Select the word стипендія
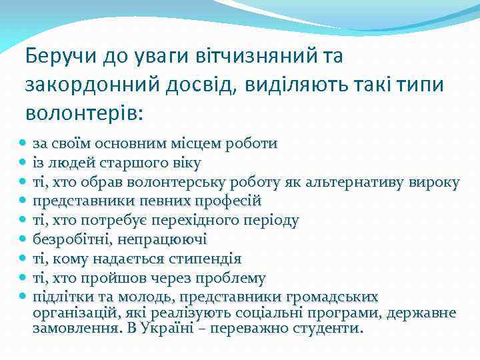204,259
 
